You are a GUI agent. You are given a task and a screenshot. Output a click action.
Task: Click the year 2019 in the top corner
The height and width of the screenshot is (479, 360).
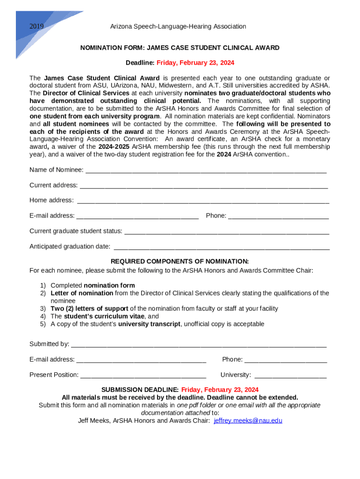(36, 27)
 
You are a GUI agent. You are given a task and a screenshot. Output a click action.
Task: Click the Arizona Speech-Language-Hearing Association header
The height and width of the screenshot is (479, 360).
(178, 27)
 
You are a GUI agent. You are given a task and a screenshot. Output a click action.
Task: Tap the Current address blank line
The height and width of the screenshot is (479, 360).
(204, 186)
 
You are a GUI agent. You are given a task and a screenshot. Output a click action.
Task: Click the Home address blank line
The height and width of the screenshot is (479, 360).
(203, 201)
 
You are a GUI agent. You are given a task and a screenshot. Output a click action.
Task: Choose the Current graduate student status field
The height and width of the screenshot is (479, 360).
(227, 232)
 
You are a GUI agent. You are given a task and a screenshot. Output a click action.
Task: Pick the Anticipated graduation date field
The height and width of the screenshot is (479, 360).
(222, 247)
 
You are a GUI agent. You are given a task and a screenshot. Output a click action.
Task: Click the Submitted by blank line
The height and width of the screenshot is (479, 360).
(198, 345)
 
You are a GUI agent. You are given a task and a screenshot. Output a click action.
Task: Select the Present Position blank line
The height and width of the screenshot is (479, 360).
(144, 376)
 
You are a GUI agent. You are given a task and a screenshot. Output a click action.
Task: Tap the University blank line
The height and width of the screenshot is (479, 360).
(290, 376)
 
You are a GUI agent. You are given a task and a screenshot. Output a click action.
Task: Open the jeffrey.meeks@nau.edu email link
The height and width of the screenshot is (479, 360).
(248, 421)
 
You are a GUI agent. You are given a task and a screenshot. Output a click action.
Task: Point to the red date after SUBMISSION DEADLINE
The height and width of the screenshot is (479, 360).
(220, 390)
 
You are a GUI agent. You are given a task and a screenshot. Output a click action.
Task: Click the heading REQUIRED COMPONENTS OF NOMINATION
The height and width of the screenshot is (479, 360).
(180, 261)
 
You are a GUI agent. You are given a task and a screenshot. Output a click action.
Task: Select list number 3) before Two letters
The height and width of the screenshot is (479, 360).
(43, 309)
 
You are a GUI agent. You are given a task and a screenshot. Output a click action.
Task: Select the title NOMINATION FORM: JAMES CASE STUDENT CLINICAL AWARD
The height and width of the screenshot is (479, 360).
(180, 48)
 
